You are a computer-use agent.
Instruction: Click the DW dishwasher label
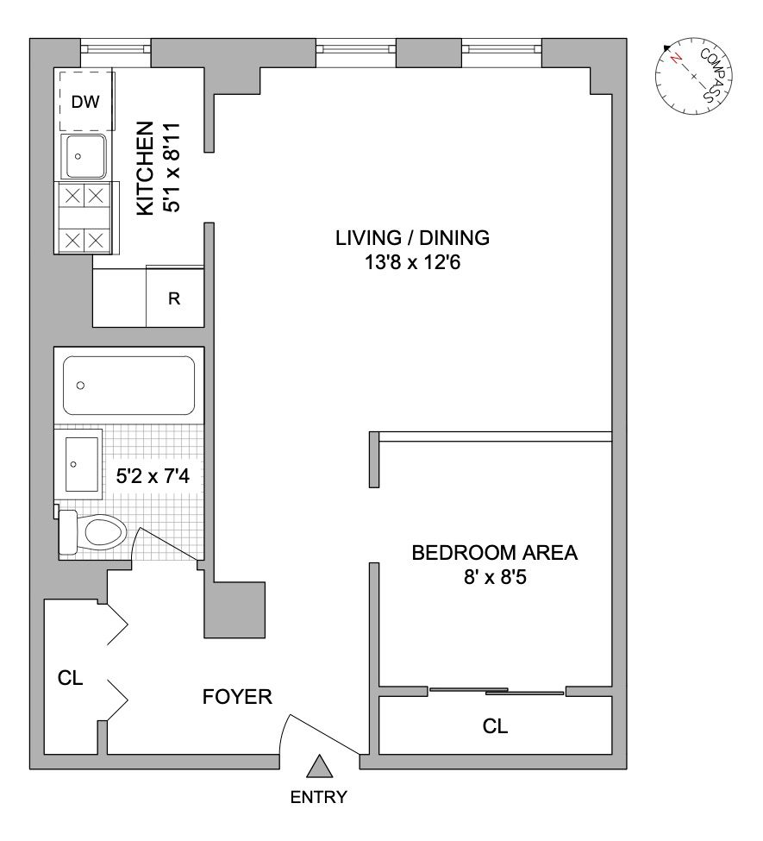pyautogui.click(x=85, y=102)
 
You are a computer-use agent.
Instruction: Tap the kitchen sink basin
pyautogui.click(x=84, y=156)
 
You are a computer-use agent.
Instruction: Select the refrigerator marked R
pyautogui.click(x=174, y=299)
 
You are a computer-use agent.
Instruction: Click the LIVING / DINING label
pyautogui.click(x=412, y=237)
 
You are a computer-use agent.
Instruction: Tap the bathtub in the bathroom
pyautogui.click(x=128, y=386)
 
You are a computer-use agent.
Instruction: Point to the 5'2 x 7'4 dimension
pyautogui.click(x=153, y=474)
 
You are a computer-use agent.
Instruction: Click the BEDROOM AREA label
pyautogui.click(x=494, y=553)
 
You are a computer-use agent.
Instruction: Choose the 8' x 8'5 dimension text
pyautogui.click(x=494, y=578)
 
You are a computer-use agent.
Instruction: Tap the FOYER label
pyautogui.click(x=237, y=696)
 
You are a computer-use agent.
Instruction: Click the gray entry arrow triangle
pyautogui.click(x=320, y=766)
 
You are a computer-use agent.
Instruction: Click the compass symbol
pyautogui.click(x=694, y=76)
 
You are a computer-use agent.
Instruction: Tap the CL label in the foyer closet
pyautogui.click(x=70, y=678)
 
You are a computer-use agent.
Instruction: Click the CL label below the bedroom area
pyautogui.click(x=495, y=726)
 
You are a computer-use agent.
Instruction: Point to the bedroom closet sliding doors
pyautogui.click(x=497, y=691)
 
